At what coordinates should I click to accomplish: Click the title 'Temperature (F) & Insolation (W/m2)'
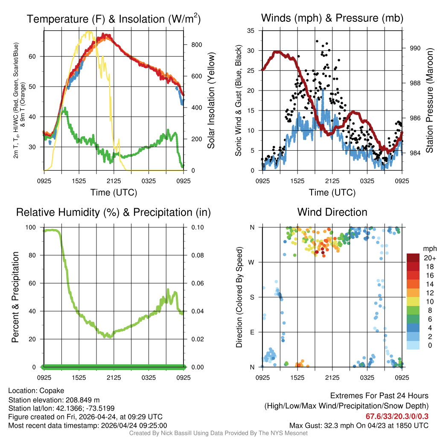point(114,19)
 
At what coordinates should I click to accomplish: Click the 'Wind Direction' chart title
point(332,212)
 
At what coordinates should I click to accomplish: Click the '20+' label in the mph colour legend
point(429,258)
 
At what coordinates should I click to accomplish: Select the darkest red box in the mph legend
point(413,258)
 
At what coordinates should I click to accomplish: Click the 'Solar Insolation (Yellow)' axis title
point(211,101)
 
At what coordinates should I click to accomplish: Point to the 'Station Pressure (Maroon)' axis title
point(429,101)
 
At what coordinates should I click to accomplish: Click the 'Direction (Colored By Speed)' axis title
point(239,297)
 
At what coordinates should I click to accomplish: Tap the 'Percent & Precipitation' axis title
point(15,297)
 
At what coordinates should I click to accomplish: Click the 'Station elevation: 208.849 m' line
point(54,400)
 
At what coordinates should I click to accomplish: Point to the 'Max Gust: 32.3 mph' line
point(359,425)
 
